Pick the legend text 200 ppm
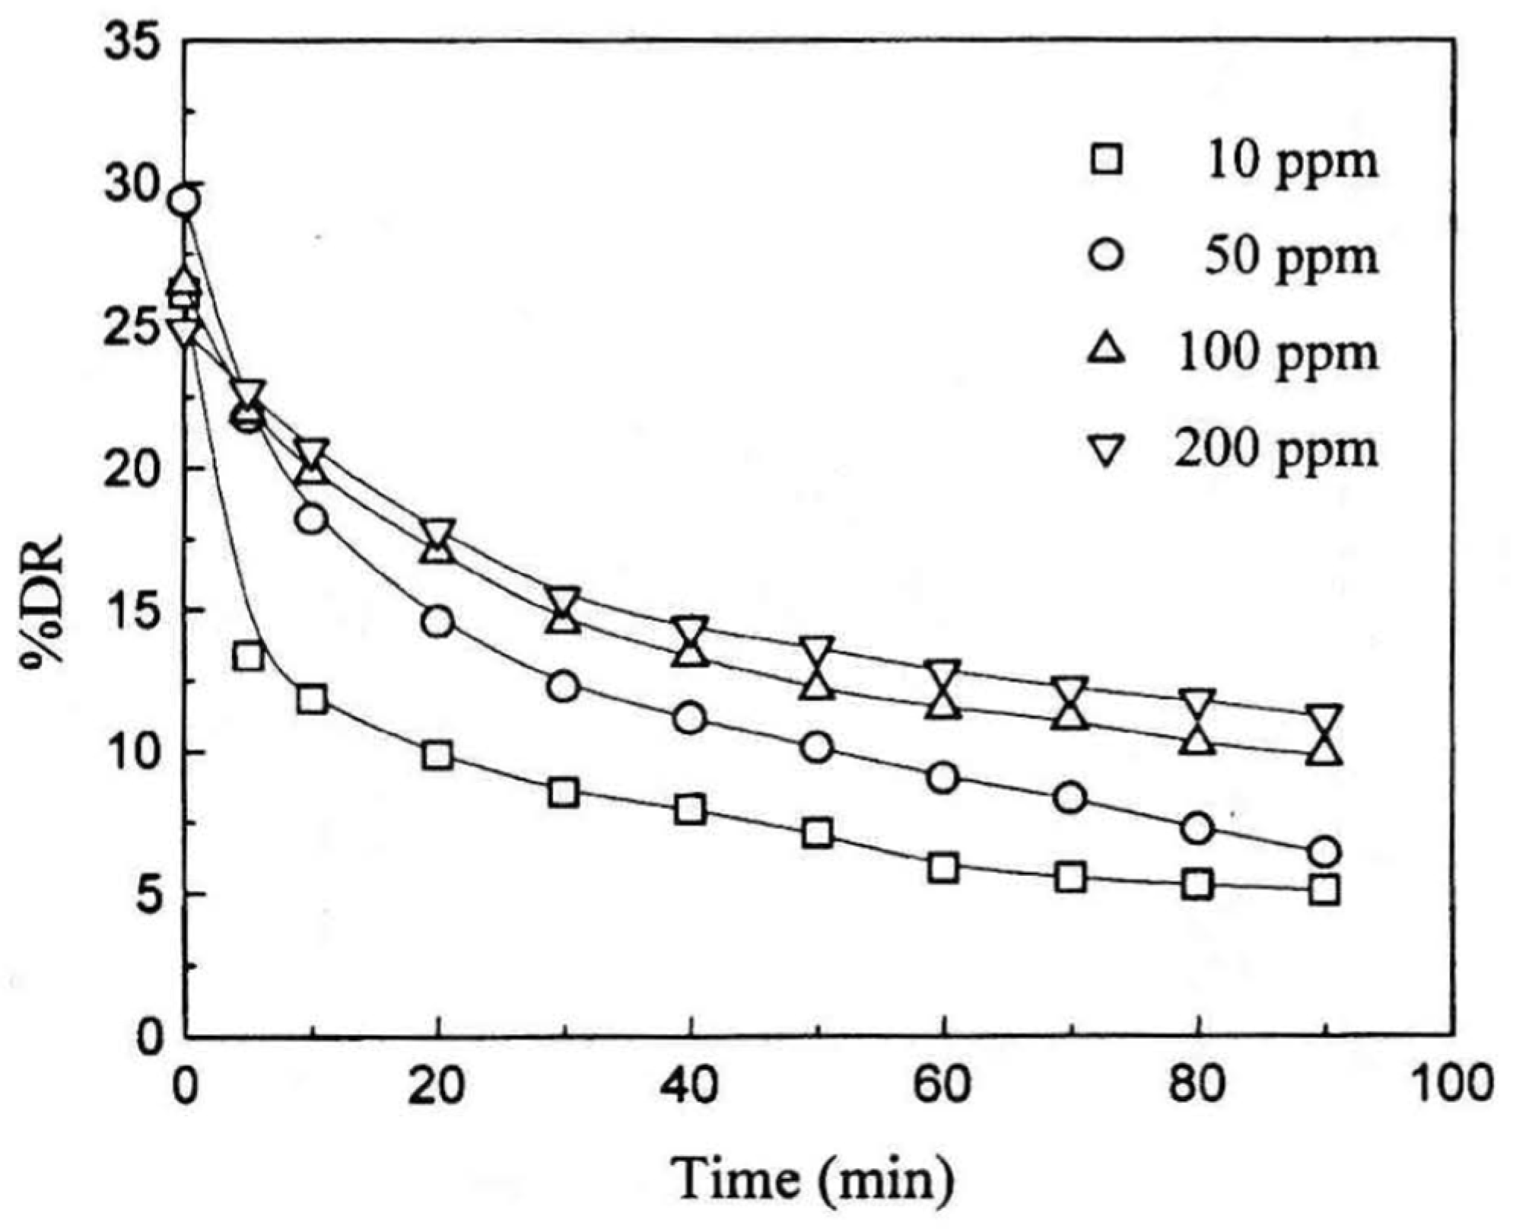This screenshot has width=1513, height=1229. [1276, 450]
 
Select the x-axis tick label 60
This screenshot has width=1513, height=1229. [942, 1085]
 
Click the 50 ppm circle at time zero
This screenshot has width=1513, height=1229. [185, 202]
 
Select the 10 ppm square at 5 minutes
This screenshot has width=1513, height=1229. [249, 656]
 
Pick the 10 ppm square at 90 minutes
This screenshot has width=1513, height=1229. [1324, 890]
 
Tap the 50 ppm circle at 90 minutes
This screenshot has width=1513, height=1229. [1324, 852]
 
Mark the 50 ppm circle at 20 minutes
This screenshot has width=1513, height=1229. [437, 622]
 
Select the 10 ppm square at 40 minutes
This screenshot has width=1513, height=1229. [690, 809]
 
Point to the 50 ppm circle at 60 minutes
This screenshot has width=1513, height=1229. [942, 778]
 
